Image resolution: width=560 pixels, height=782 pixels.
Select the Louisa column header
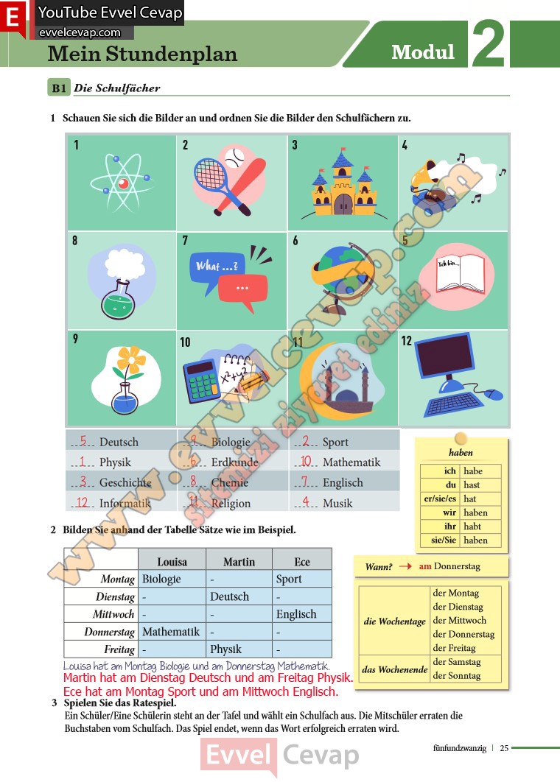(172, 561)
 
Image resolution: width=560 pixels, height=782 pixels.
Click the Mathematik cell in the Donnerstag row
(171, 632)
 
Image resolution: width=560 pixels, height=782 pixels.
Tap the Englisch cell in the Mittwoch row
(296, 614)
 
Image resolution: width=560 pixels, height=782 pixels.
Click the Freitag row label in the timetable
(119, 649)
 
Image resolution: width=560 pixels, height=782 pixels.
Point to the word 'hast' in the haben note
(472, 485)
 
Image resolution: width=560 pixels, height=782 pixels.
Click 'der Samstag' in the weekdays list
(457, 662)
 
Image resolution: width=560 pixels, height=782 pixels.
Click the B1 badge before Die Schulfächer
(59, 88)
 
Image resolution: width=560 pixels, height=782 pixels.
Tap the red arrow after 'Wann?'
(405, 567)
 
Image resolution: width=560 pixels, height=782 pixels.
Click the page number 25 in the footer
(504, 748)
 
